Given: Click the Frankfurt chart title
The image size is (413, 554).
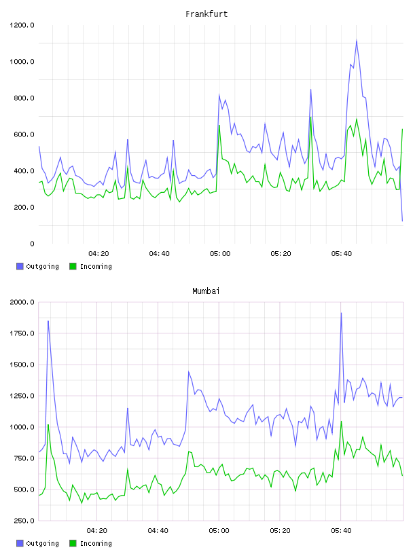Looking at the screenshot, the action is coord(206,14).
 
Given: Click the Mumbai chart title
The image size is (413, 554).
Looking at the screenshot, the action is coord(206,291).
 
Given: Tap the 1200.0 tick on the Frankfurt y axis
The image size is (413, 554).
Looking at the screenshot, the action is coord(22,25).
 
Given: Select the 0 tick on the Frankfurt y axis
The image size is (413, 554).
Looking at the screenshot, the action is coord(32,244).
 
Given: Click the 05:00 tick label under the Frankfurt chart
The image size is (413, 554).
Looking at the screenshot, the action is coord(220,254).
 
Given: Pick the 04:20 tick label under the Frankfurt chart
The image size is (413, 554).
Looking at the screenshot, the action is coord(98,254).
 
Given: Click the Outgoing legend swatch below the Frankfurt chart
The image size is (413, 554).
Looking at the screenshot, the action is coord(20,266).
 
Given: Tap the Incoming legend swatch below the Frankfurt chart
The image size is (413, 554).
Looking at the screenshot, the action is coord(73,266).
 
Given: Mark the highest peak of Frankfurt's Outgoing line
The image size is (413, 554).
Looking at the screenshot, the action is coord(357,41).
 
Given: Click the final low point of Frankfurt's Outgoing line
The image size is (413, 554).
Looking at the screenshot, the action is coord(402,221).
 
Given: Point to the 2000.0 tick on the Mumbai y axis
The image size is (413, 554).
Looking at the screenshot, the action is coord(22,302).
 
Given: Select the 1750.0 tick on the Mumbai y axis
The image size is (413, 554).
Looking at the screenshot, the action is coord(22,333).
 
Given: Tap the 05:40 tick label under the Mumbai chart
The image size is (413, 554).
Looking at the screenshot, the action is coord(341,531).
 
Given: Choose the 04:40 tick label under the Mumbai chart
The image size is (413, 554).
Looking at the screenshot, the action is coord(158,531).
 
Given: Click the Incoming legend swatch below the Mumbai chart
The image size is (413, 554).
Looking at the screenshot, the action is coord(73,543).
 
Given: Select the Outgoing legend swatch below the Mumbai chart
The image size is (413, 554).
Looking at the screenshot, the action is coord(20,543).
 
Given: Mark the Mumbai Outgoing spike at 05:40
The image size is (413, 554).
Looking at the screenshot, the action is coord(341,313).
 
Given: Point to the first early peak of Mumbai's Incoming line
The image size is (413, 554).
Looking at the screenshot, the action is coord(48,424).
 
